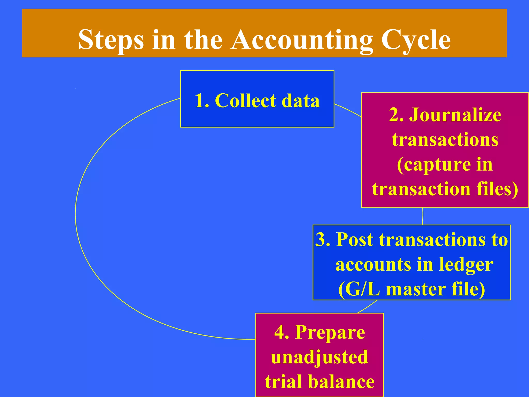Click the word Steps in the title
pos(111,40)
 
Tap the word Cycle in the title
pos(416,40)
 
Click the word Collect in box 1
pos(245,101)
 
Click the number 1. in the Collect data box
pos(202,101)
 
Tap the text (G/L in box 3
pos(359,289)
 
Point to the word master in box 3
pos(416,289)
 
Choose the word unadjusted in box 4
pos(320,357)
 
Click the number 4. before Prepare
pos(282,332)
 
